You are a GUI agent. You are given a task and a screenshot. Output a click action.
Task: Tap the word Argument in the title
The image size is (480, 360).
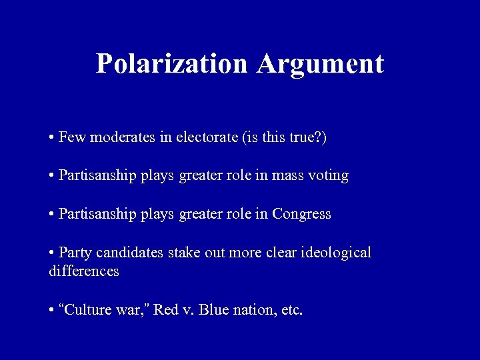pos(321,64)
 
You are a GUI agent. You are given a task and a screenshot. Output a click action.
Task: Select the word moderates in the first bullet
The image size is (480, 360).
pos(113,138)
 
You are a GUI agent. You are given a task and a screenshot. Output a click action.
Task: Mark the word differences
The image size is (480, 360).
pos(84,271)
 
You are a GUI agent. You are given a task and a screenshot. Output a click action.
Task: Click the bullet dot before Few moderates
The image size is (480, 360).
pos(51,139)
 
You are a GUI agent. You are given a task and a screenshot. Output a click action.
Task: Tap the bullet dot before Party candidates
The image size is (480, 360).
pos(51,254)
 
